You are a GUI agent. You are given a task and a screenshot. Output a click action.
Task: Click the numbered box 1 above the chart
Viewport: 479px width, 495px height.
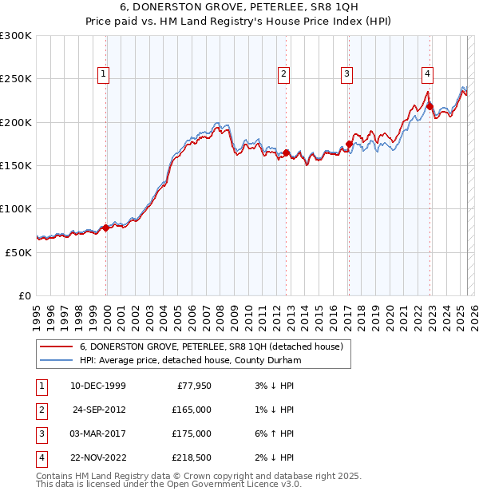(x=105, y=75)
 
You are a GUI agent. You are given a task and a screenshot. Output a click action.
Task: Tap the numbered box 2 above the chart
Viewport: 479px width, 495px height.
(x=283, y=75)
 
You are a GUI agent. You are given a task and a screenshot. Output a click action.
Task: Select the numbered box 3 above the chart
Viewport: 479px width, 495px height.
(x=347, y=75)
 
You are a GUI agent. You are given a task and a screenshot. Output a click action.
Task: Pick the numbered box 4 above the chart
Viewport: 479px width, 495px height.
(x=428, y=75)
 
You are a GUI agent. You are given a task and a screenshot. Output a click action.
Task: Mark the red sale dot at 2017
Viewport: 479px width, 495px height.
(x=349, y=144)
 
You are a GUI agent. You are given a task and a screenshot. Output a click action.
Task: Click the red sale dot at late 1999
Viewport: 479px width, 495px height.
(x=106, y=228)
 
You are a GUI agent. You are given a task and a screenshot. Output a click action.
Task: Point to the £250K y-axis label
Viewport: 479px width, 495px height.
(x=16, y=79)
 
